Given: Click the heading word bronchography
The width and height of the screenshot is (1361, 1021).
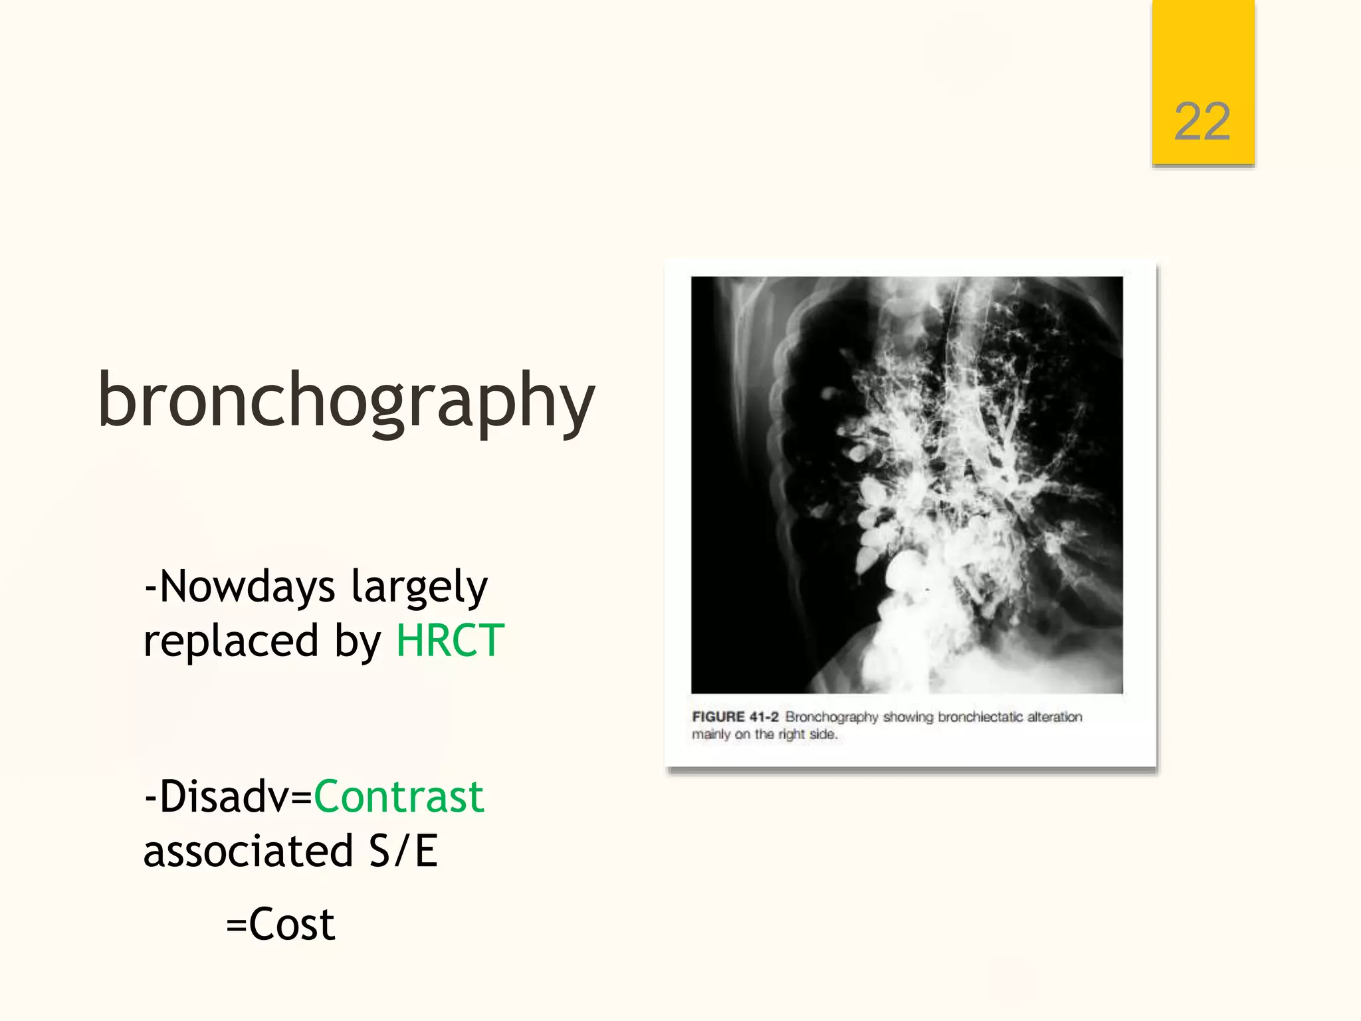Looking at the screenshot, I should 346,401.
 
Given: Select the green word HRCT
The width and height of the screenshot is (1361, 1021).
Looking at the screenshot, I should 450,641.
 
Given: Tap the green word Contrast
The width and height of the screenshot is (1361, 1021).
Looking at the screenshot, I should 399,796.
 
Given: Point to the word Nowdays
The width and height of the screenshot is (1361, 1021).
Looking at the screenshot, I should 247,587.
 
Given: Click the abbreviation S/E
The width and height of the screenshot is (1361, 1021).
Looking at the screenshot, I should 403,851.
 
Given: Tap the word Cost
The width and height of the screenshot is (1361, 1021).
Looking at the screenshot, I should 292,924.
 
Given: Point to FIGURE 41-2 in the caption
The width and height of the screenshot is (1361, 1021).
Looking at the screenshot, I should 735,717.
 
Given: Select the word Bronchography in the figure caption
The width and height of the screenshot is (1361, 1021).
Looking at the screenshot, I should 831,717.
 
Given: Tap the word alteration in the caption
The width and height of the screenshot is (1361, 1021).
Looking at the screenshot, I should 1055,717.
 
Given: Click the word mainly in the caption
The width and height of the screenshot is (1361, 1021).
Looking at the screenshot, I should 711,735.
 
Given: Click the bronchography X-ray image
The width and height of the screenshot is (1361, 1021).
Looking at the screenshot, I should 906,485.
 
